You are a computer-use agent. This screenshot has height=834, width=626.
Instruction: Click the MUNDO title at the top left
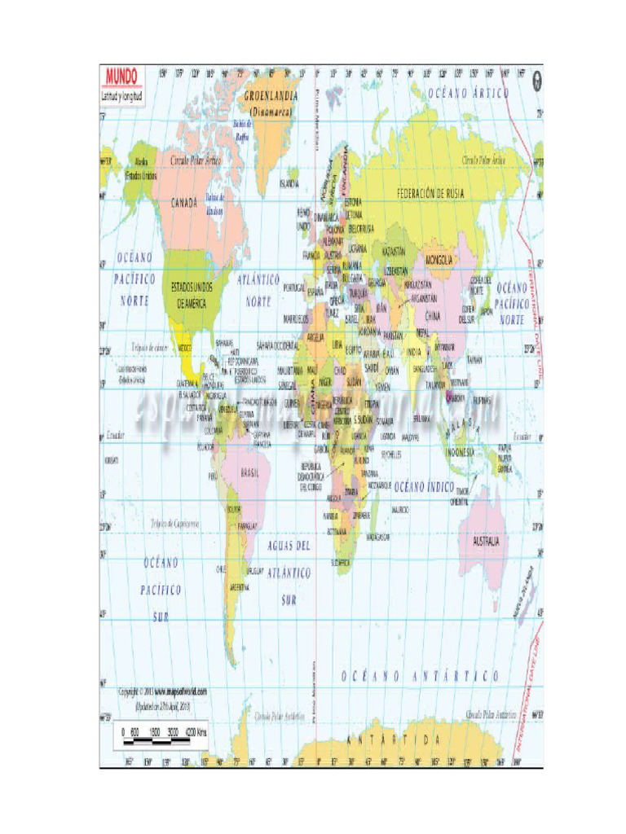[119, 77]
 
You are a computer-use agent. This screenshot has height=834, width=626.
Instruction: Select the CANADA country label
[184, 203]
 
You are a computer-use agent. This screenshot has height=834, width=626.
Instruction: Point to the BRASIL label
[249, 472]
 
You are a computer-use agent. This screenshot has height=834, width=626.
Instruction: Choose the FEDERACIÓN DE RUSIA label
[430, 194]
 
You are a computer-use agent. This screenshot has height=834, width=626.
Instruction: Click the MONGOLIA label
[439, 260]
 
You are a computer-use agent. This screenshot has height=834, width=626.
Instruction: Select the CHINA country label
[433, 314]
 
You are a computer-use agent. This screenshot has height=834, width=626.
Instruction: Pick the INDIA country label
[415, 353]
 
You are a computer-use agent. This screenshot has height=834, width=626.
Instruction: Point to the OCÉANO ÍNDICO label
[425, 485]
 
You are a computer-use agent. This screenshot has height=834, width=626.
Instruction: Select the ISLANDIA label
[289, 183]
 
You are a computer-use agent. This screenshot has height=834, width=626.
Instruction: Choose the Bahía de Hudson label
[214, 204]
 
